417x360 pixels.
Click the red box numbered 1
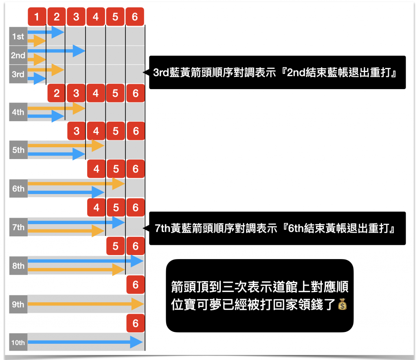tap(37, 17)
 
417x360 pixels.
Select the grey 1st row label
tap(18, 37)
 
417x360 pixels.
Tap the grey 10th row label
tap(18, 343)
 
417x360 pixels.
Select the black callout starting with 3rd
tap(277, 72)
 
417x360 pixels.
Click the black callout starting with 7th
tap(277, 228)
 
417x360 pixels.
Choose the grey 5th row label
tap(18, 150)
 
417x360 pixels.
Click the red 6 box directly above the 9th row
tap(136, 285)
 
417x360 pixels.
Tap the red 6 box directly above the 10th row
tap(136, 323)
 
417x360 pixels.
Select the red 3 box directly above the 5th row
tap(77, 131)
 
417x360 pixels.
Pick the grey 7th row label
tap(18, 227)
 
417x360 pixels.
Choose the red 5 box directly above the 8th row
tap(116, 246)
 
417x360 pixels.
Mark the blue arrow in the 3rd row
tap(37, 78)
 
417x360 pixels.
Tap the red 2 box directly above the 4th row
tap(57, 93)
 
